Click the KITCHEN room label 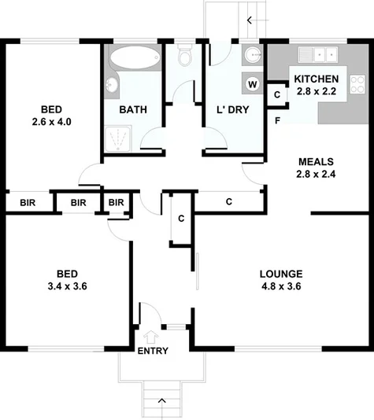(316, 79)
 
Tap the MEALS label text (314, 161)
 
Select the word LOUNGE (281, 274)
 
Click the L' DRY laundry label (232, 110)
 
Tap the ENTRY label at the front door (152, 351)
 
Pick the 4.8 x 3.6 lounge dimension (281, 286)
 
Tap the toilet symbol (186, 57)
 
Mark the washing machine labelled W (253, 83)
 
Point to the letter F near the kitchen (278, 120)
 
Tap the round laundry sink (253, 54)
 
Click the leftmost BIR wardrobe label (17, 202)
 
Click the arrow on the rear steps (251, 20)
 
